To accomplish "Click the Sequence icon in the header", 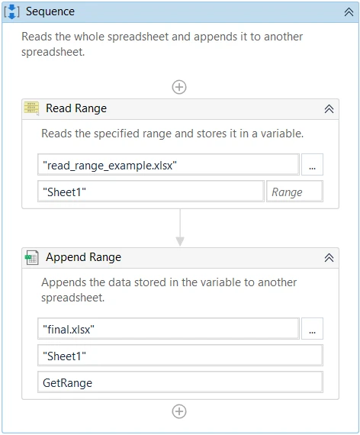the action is (x=12, y=11).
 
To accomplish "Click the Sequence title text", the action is (x=50, y=11).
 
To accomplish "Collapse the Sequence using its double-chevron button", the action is (x=349, y=12).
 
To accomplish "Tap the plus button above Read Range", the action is (x=179, y=87).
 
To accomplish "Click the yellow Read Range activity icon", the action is (x=31, y=108).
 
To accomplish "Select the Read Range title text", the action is (x=76, y=108).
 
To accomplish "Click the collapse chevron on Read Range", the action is (x=329, y=108).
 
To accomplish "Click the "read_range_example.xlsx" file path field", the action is (x=169, y=165).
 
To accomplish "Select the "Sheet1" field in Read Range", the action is (x=151, y=192).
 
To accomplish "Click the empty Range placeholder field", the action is (x=294, y=192).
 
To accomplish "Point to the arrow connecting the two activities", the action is (x=180, y=227).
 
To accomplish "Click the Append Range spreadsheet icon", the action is (x=31, y=257).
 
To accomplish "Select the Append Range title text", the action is (x=83, y=257).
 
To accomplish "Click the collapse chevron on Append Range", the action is (x=329, y=258).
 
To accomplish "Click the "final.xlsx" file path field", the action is (x=169, y=329).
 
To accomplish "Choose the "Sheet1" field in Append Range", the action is (x=180, y=356).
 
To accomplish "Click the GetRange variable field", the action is (x=180, y=382).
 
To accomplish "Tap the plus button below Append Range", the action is (x=179, y=411).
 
